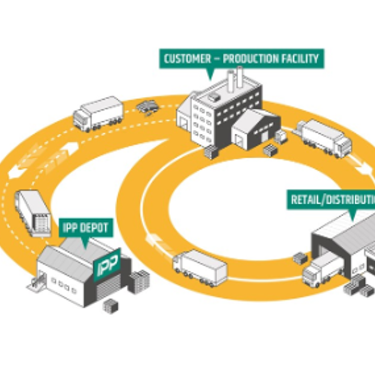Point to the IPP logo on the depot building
(108, 262)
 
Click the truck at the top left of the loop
(98, 114)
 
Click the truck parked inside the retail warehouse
(323, 268)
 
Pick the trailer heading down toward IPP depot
(33, 212)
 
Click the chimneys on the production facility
(235, 78)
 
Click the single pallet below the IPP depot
(111, 306)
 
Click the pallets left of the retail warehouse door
(300, 258)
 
